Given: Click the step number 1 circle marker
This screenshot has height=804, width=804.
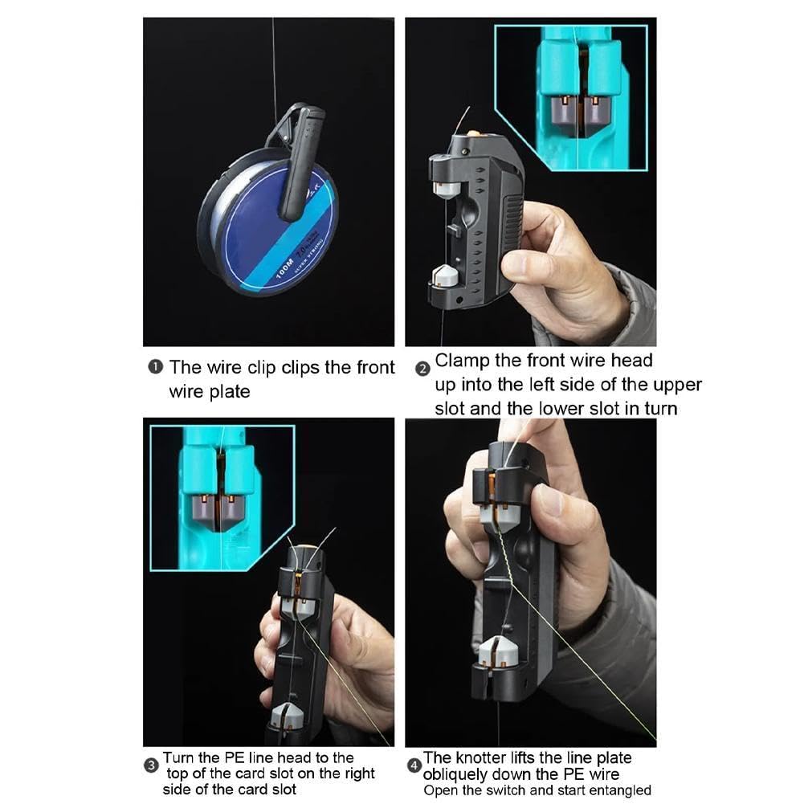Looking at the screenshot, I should pos(154,368).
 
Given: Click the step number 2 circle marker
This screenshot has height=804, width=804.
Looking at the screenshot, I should pos(422,369).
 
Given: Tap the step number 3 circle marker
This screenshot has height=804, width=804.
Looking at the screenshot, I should pos(151,765).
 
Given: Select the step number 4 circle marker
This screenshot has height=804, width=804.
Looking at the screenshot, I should pos(414,765).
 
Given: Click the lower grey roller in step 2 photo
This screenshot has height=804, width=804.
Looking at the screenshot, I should pos(445,277).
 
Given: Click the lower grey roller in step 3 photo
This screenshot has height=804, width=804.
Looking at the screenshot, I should pos(287,715).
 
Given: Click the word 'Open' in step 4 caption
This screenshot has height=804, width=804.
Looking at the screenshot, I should pos(440,790).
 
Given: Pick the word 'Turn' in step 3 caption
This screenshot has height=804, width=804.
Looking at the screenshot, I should pos(178,757).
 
